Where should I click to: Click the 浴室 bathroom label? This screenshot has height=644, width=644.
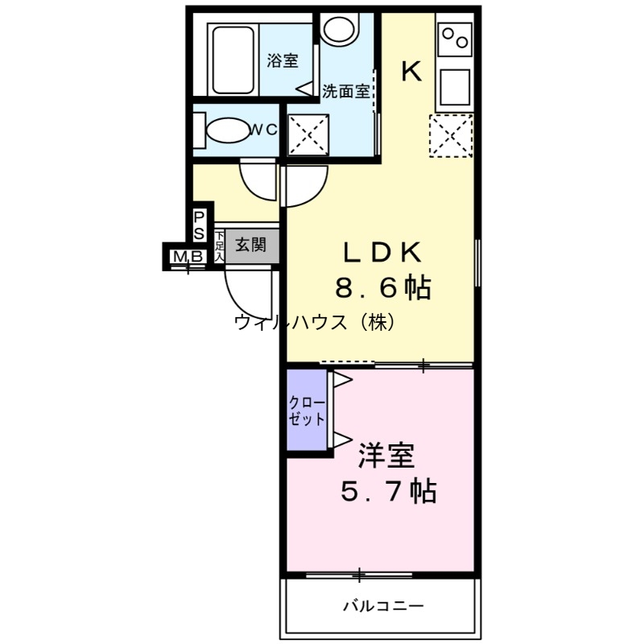click(283, 61)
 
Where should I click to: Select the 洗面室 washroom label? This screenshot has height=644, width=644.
click(345, 91)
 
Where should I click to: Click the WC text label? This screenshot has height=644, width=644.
click(262, 129)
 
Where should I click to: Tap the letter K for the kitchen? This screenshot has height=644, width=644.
click(411, 72)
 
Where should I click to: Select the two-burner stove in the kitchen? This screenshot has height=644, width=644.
click(454, 38)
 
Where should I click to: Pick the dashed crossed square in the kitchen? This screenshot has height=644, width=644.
click(450, 135)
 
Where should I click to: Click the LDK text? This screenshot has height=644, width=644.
click(382, 253)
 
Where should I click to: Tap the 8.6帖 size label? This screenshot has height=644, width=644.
click(382, 287)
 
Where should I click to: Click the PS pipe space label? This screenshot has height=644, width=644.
click(199, 227)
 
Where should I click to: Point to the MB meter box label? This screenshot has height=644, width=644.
click(187, 257)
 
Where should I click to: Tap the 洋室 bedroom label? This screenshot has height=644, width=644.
click(386, 457)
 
